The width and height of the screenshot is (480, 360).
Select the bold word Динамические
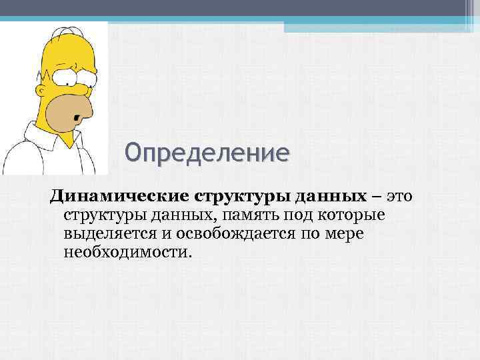(x=117, y=197)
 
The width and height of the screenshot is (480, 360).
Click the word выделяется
(x=106, y=235)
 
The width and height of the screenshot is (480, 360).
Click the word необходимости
(x=127, y=253)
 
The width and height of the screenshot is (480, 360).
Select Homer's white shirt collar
(x=27, y=137)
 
